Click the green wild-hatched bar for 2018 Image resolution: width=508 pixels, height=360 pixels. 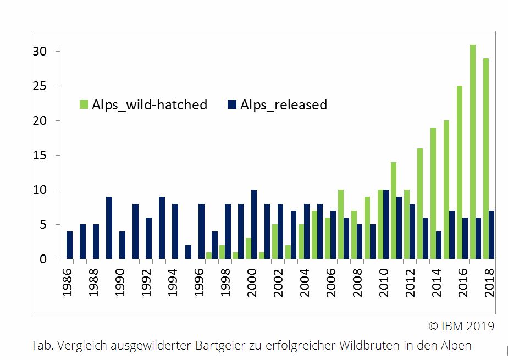tap(486, 159)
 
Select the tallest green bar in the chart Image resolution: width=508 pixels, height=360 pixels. tap(473, 152)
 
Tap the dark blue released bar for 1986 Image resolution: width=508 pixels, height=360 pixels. tap(69, 245)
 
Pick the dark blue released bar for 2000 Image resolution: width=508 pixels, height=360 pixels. tap(254, 224)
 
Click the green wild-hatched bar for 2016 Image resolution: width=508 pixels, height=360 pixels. tap(460, 173)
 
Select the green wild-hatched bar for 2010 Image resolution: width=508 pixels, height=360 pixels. tap(380, 224)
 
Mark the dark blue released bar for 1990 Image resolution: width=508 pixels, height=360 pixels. tap(122, 245)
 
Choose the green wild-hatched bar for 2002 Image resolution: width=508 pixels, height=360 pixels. tap(275, 242)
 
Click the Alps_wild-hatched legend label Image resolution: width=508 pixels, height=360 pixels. tap(150, 104)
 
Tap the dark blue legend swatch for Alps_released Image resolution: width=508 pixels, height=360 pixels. tap(232, 104)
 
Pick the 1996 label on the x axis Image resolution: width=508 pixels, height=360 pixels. tap(200, 283)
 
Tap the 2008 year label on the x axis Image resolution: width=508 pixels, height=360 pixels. tap(358, 283)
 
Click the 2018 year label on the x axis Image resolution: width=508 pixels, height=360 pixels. tap(490, 283)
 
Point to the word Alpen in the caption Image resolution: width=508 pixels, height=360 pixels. tap(457, 346)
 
